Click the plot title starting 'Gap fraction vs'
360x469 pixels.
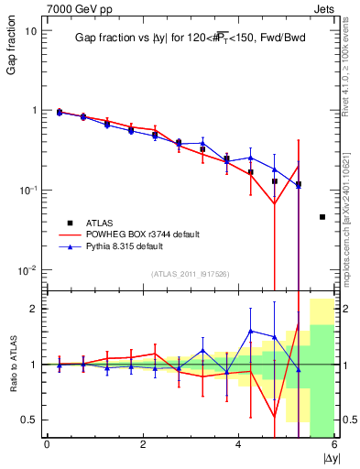point(187,38)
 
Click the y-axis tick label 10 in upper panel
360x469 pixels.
point(29,30)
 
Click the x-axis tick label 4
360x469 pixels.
point(238,446)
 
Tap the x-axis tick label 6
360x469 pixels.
point(333,446)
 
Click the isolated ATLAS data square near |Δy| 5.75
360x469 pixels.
point(322,217)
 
